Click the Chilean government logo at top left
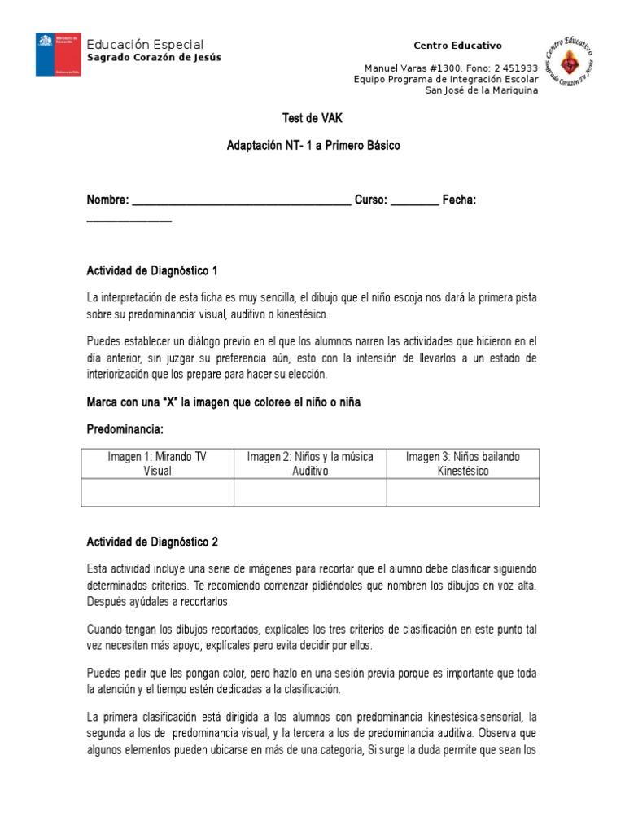(58, 55)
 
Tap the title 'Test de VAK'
(313, 118)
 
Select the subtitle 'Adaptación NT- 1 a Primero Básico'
(313, 145)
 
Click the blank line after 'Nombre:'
(241, 200)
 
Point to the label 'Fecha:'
(459, 200)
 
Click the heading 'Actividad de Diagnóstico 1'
(152, 270)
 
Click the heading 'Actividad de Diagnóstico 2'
(152, 542)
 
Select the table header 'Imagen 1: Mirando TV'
(157, 457)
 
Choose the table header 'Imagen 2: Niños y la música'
(310, 457)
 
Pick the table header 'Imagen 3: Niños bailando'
(462, 457)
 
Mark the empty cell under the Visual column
(157, 492)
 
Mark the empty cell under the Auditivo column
(310, 492)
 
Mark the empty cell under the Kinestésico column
(462, 492)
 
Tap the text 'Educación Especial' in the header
(145, 44)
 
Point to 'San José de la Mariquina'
(482, 90)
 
